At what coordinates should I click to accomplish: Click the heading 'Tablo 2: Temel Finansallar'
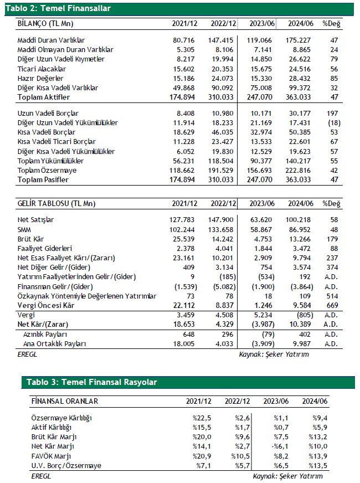point(58,8)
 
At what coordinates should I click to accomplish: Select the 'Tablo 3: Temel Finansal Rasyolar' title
point(92,382)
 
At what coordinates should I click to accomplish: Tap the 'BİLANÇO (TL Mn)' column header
point(45,24)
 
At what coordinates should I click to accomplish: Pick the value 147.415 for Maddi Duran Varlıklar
point(224,40)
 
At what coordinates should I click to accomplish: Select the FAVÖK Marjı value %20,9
point(201,455)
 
